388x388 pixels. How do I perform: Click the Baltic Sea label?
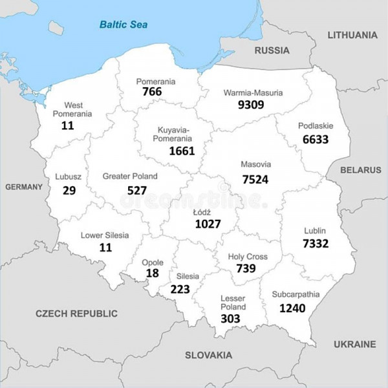tap(123, 25)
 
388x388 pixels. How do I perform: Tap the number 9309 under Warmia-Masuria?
tap(251, 103)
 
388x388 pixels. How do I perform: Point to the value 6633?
tap(316, 139)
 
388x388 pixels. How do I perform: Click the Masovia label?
tap(255, 164)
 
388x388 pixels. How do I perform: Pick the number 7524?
tap(255, 178)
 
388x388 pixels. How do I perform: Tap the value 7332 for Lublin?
tap(316, 243)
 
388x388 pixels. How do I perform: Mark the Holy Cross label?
tap(248, 257)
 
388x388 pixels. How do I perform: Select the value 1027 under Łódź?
tap(208, 224)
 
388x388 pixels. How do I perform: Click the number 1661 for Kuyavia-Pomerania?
tap(182, 151)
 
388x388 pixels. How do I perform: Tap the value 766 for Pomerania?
tap(152, 92)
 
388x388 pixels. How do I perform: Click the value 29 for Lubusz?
tap(69, 190)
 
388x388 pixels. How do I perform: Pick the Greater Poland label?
tap(129, 176)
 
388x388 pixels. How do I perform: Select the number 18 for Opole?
tap(153, 274)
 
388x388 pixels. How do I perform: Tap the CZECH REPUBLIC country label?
tap(76, 313)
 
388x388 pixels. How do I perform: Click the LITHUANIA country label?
tap(352, 35)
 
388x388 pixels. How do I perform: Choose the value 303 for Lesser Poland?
tap(230, 319)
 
